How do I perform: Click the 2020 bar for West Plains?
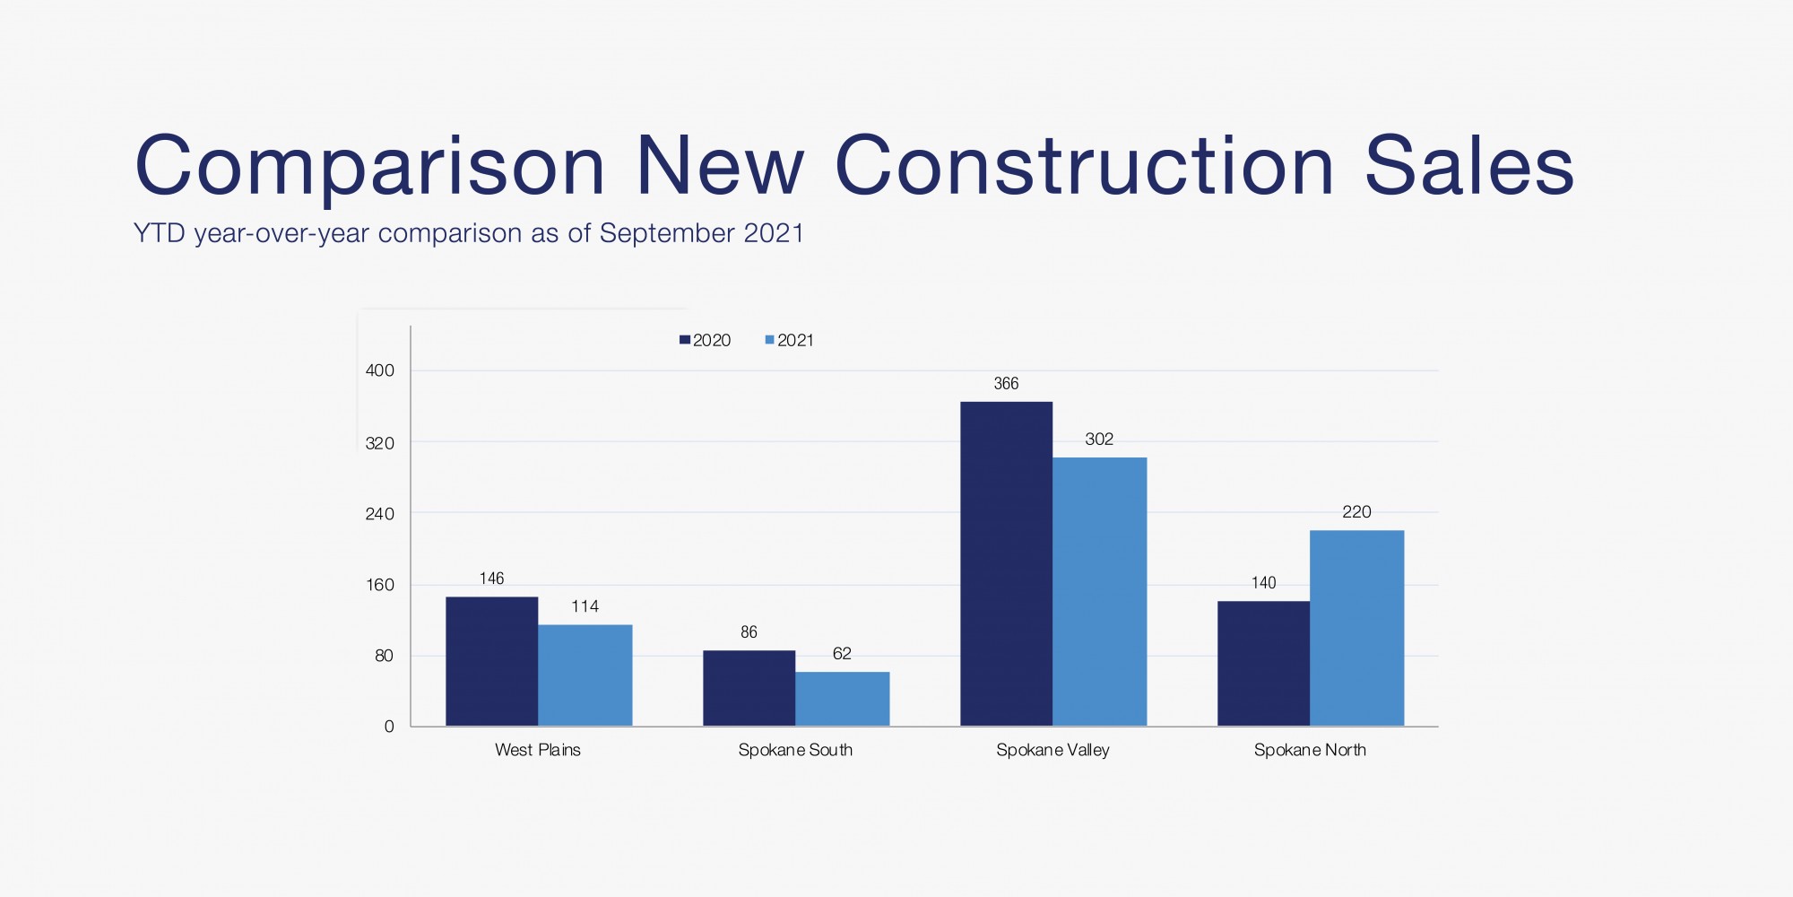tap(491, 661)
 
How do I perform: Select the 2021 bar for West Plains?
tap(585, 675)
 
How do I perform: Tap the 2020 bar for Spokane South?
tap(749, 688)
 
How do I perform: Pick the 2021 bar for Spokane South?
tap(842, 699)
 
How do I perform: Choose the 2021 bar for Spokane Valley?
tap(1099, 592)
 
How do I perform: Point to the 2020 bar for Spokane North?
tap(1263, 663)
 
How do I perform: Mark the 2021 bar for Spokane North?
tap(1356, 628)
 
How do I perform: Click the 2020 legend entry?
tap(706, 340)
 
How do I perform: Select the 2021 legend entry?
tap(790, 340)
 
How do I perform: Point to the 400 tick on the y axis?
tap(380, 370)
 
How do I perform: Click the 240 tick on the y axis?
tap(380, 514)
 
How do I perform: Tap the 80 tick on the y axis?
tap(384, 656)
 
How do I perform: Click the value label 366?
tap(1006, 384)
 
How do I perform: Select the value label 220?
tap(1356, 512)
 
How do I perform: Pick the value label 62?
tap(842, 654)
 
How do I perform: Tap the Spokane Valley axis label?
tap(1052, 750)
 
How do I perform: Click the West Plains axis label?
tap(538, 750)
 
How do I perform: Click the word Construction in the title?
tap(1085, 167)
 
